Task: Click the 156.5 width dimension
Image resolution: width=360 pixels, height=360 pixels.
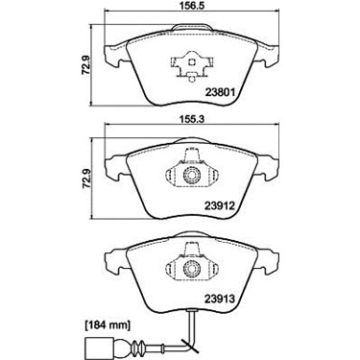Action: [191, 6]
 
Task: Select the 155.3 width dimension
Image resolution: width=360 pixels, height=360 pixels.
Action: [191, 119]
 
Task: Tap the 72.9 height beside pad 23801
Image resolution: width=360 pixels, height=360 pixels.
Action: [85, 64]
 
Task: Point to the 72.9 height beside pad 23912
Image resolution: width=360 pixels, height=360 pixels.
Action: [85, 180]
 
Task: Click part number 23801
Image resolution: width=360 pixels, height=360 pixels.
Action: [221, 92]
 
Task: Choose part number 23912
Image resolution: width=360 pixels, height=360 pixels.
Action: [220, 205]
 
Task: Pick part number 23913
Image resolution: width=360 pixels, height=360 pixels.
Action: [220, 299]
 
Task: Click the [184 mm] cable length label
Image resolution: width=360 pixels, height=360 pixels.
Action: [108, 325]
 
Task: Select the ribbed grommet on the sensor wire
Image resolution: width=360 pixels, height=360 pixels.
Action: [136, 348]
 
